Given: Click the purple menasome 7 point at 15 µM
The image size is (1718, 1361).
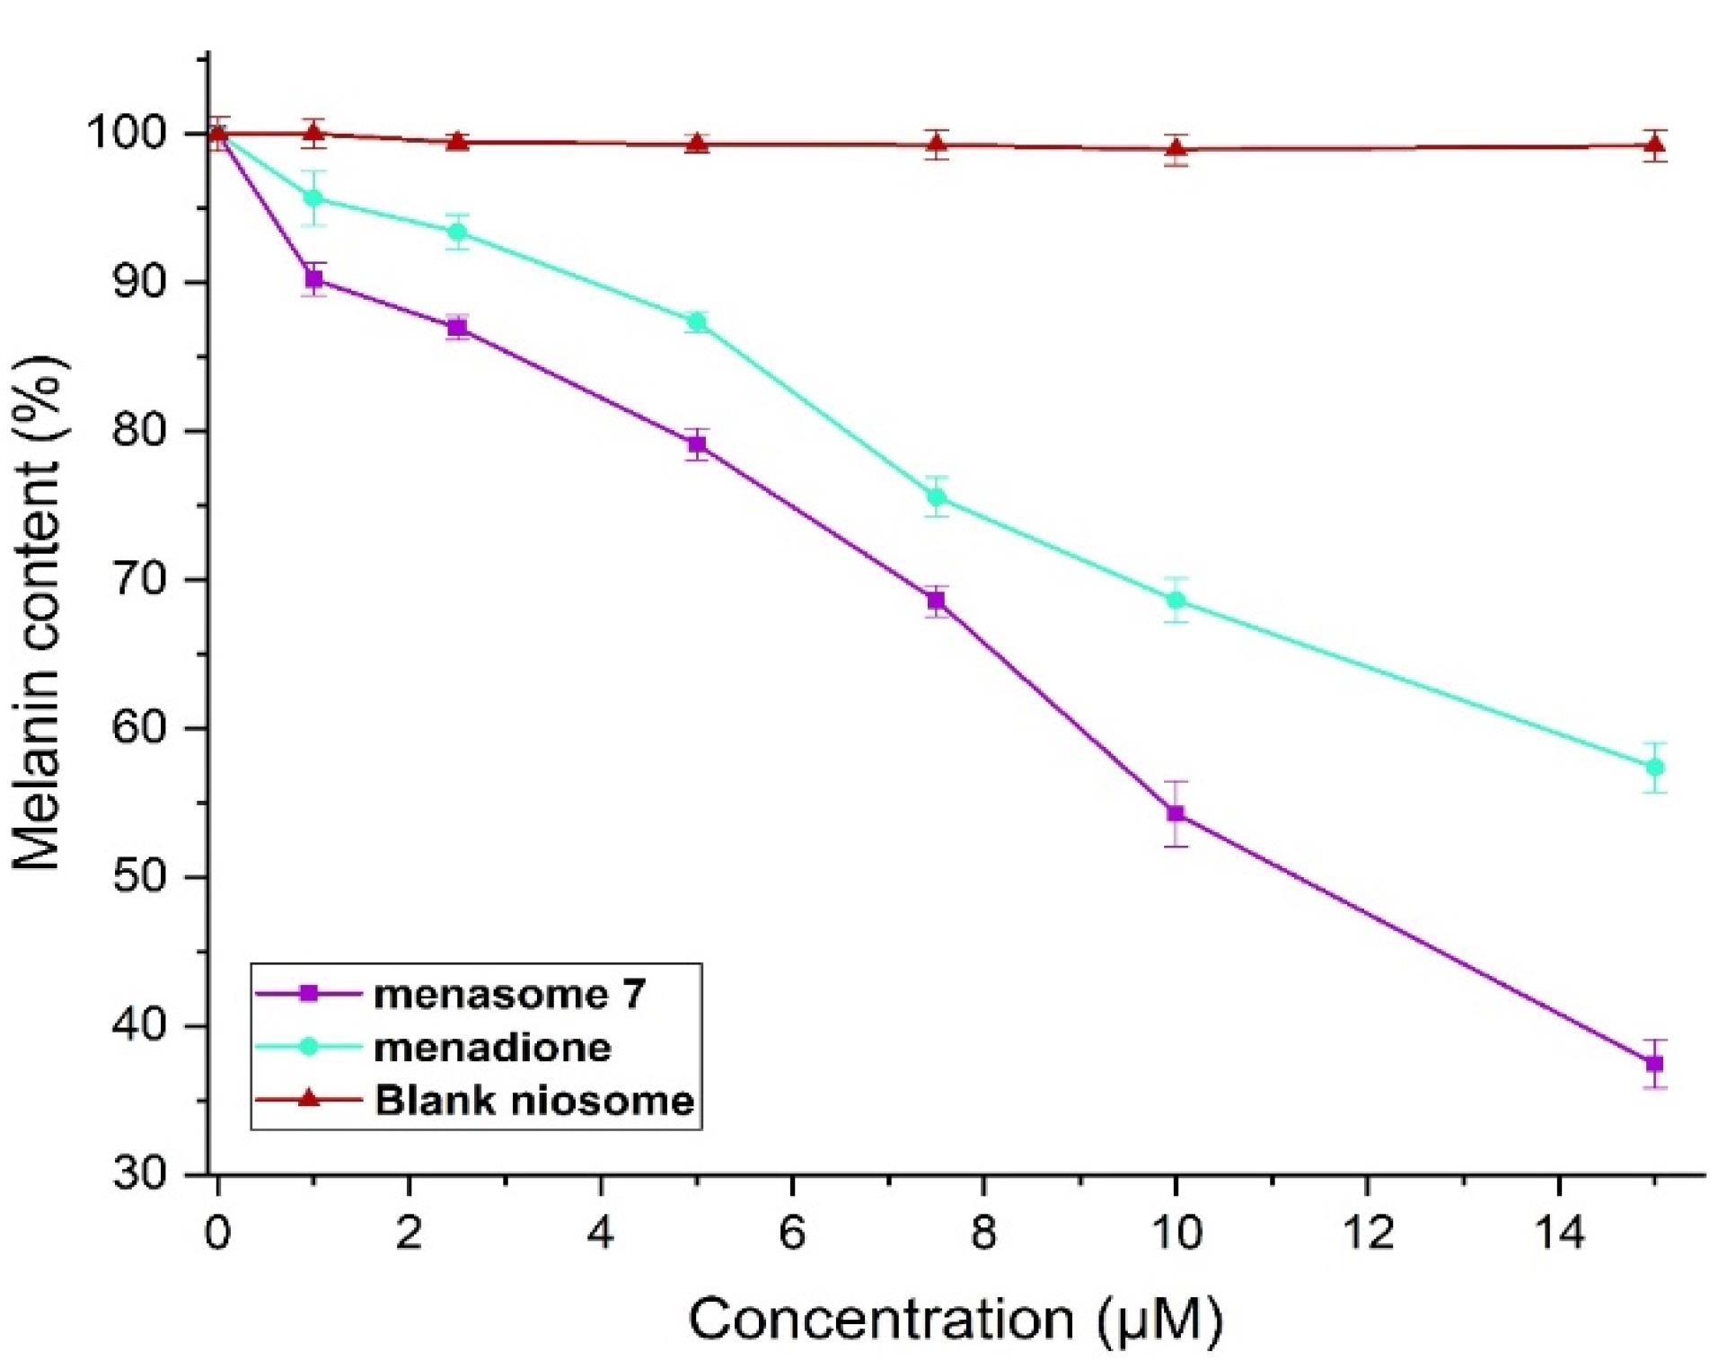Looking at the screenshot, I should pos(1654,1064).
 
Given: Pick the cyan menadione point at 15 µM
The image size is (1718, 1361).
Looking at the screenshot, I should pos(1654,768).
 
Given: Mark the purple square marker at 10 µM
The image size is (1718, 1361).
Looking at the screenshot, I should pos(1176,814).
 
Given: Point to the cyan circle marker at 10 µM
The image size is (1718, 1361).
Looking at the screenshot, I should pos(1176,600).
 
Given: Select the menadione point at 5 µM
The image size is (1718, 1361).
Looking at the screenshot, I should pos(696,321).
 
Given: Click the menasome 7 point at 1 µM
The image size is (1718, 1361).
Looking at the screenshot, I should pos(313,279).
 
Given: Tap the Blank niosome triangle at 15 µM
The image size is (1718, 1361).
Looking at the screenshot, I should pos(1654,145).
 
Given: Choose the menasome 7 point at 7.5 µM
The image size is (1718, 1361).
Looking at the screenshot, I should pos(937,601).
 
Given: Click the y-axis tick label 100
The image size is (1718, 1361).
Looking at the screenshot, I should pos(128,134).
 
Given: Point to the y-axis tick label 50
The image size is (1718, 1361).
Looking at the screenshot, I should pos(139,876).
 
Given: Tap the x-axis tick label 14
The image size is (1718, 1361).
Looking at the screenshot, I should pos(1558,1234).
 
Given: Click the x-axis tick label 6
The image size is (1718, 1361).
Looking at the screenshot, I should pos(791,1234).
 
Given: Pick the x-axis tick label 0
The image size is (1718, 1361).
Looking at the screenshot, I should pos(216,1234).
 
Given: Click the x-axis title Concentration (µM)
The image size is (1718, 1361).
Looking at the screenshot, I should pos(956,1320).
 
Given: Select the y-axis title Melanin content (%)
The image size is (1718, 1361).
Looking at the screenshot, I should pos(38,610).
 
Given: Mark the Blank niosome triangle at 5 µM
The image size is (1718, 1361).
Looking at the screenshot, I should pos(696,144).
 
